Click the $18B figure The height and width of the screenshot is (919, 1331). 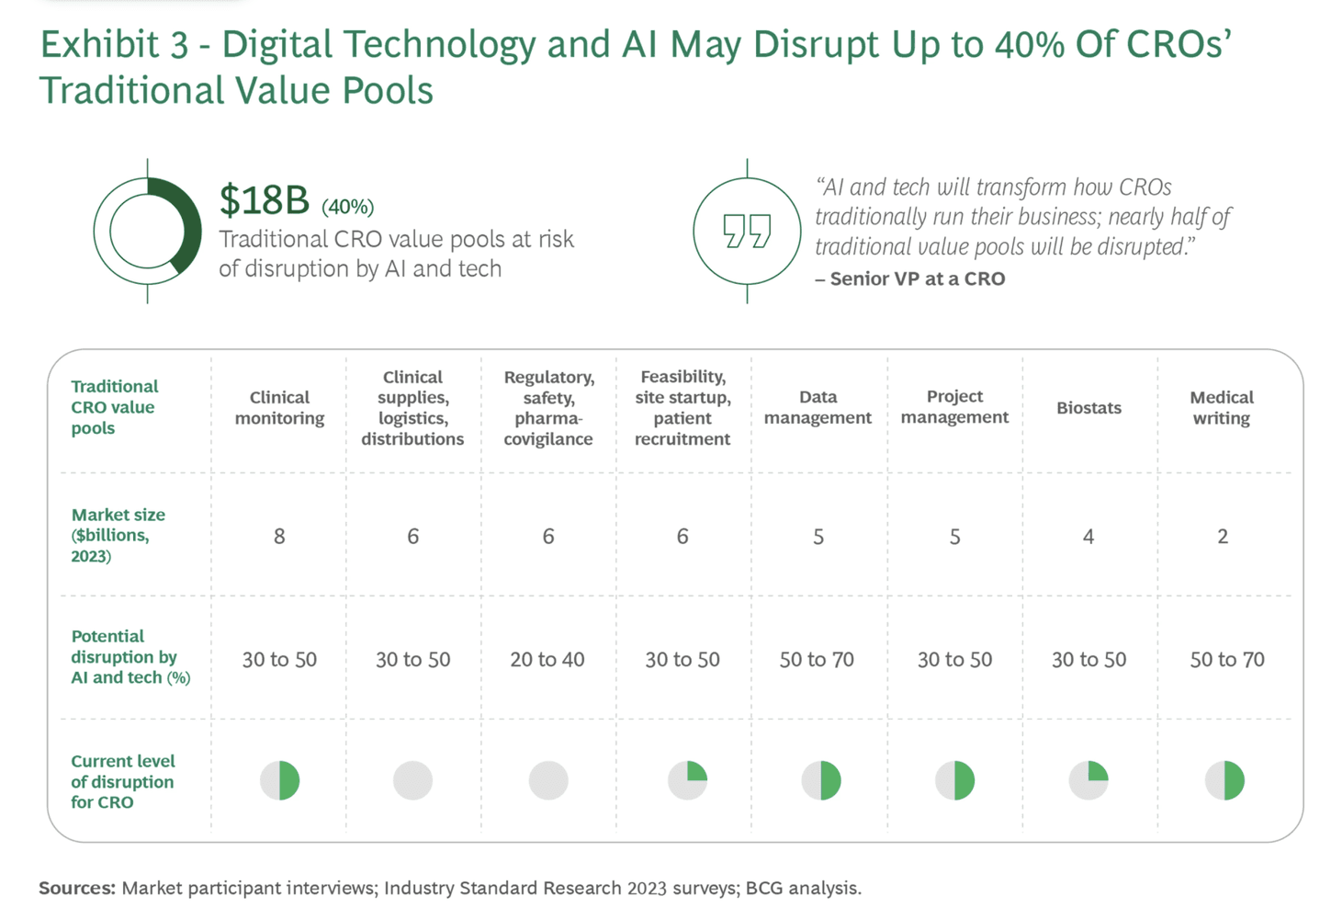[265, 199]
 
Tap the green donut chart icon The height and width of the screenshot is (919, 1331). [148, 231]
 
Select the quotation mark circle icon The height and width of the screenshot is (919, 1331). [747, 231]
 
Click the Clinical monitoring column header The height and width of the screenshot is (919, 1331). [279, 407]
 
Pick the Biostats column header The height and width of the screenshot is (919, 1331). [1088, 408]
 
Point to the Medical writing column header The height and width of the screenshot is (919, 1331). [1221, 407]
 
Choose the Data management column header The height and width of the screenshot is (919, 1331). [818, 407]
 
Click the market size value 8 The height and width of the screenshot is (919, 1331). [279, 537]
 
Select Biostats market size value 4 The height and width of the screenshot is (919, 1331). [1088, 537]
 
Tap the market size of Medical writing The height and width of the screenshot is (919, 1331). [1223, 537]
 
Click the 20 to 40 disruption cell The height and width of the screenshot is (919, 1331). [547, 660]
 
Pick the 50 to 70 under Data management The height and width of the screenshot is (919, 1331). [817, 660]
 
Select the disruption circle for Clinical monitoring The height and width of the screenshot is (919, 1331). [280, 780]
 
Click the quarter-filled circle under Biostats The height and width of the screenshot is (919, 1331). [1088, 780]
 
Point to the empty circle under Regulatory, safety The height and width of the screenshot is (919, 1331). [548, 780]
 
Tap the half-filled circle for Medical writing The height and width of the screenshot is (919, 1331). [1224, 780]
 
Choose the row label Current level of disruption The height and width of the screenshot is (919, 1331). [122, 781]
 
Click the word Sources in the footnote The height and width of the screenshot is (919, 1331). [77, 888]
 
